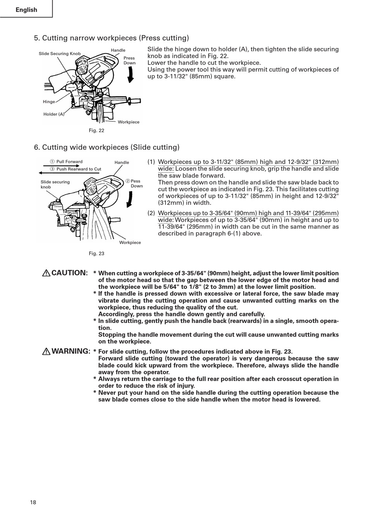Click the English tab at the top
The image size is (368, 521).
point(26,10)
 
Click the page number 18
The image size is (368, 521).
point(33,502)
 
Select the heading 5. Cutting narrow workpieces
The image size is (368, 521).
point(112,38)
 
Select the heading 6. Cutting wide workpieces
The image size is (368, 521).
point(107,147)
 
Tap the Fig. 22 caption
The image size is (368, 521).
point(96,130)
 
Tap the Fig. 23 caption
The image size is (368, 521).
point(96,254)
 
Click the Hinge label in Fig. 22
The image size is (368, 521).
point(49,102)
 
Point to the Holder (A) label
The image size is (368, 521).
point(54,114)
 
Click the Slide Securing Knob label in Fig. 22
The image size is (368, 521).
point(60,54)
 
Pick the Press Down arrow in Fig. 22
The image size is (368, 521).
point(131,74)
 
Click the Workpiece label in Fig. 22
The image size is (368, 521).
point(129,122)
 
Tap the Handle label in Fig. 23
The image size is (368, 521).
point(122,162)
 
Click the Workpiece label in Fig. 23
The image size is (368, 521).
point(130,243)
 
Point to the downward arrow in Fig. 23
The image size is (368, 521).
point(130,199)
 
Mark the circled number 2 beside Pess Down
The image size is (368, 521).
point(127,181)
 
